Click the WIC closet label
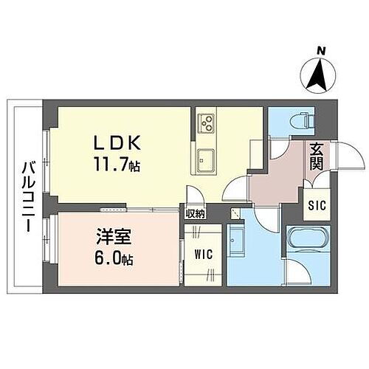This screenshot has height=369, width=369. (203, 255)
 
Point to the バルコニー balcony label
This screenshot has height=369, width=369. (26, 195)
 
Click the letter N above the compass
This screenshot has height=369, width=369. (320, 50)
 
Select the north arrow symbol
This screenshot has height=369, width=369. (320, 75)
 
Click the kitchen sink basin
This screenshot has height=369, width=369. (205, 156)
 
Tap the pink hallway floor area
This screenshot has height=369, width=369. (277, 181)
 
